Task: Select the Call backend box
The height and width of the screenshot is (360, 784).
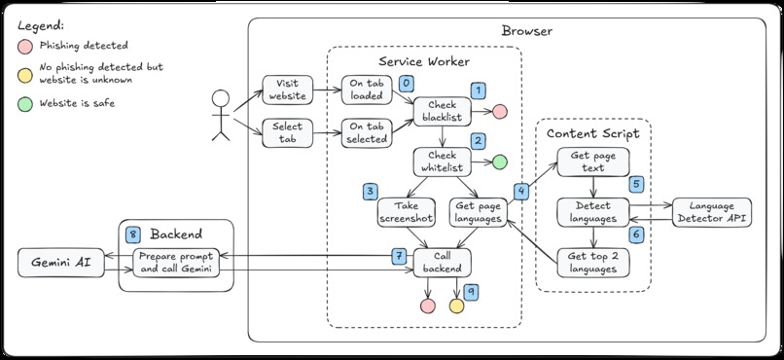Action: (443, 262)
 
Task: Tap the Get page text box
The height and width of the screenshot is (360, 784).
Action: (592, 162)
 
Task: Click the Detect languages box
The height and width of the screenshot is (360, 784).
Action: (592, 212)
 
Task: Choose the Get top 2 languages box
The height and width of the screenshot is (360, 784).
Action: (592, 262)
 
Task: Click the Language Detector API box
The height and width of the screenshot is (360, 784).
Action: (712, 212)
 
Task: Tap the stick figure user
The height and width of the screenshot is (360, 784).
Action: (221, 115)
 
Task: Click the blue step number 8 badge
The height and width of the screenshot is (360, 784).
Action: (133, 234)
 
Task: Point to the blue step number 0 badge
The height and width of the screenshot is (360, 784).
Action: (407, 83)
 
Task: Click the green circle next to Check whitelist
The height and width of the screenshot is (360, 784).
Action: (500, 162)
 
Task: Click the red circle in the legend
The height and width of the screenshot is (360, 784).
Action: (23, 45)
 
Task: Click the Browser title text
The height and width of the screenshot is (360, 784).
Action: (526, 31)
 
